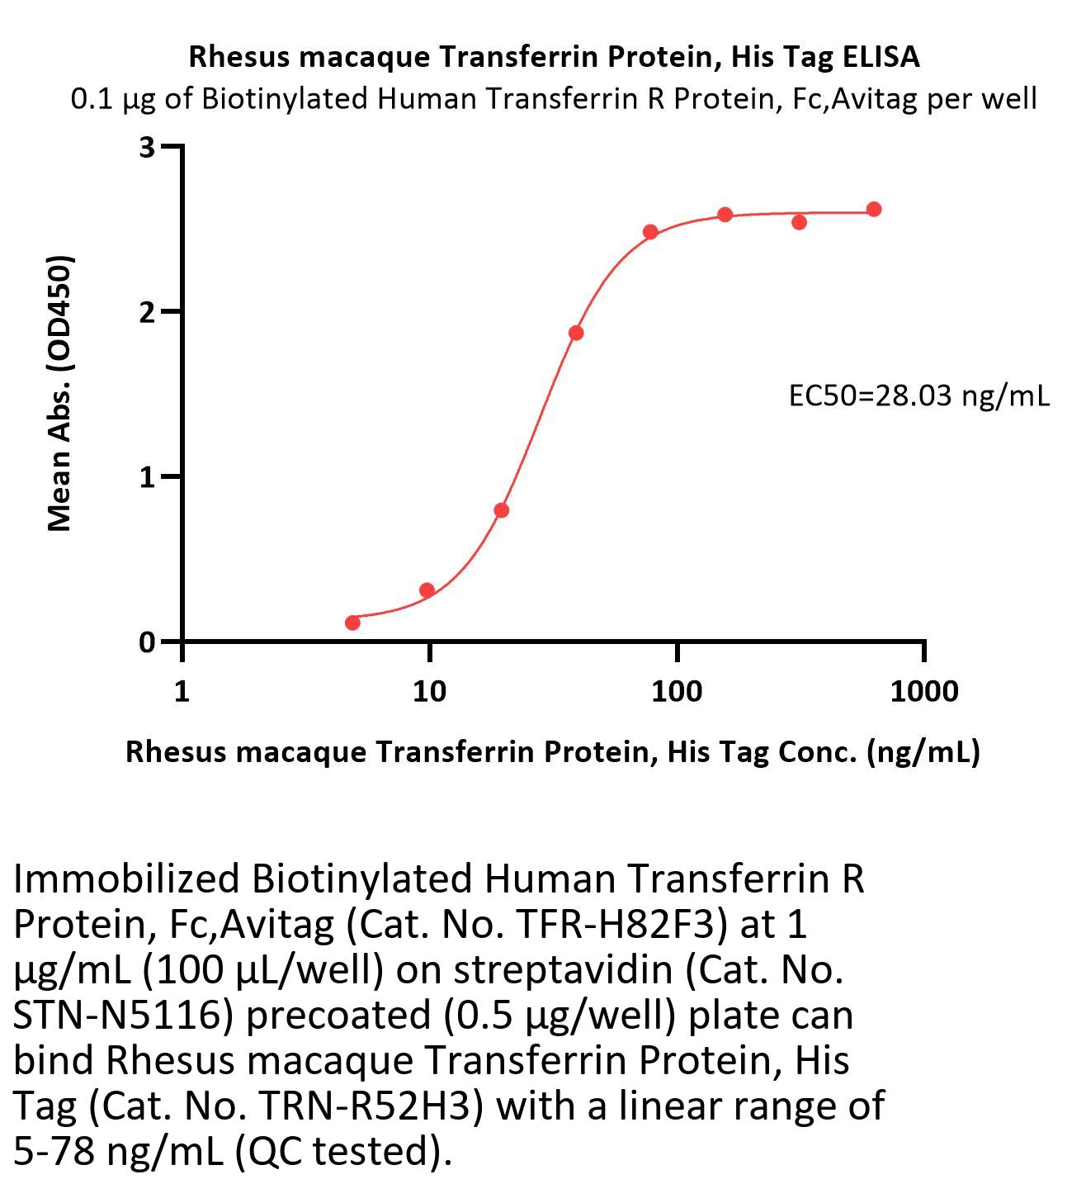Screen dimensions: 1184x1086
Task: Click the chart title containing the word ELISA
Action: pos(554,56)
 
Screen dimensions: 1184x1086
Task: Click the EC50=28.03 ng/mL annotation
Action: pos(919,396)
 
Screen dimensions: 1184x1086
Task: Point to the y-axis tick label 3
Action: pos(148,147)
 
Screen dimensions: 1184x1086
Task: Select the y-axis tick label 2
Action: pos(148,312)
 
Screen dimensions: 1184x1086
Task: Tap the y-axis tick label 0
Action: pos(148,642)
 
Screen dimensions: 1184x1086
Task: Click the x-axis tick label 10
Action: pos(428,691)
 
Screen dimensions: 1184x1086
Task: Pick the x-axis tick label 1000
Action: pos(923,691)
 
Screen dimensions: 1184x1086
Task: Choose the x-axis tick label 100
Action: pos(677,691)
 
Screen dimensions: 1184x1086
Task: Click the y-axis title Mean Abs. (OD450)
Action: pos(60,393)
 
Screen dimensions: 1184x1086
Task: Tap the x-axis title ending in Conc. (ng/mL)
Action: pos(552,751)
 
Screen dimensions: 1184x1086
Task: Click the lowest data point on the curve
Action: pos(352,622)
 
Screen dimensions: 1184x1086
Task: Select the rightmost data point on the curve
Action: pos(874,209)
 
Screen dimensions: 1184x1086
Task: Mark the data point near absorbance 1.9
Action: pos(576,333)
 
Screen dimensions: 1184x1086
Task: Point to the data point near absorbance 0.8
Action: pos(502,510)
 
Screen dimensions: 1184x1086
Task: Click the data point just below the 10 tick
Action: pos(427,590)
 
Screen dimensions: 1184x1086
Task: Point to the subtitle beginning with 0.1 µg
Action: pos(554,98)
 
